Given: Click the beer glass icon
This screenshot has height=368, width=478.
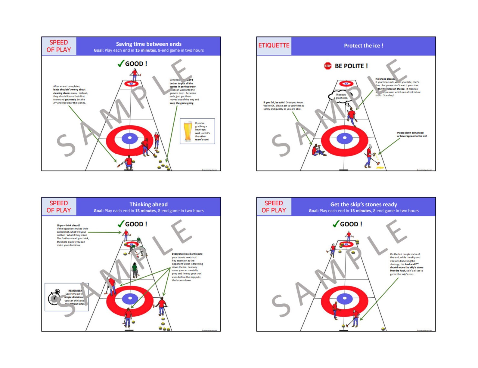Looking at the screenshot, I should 188,131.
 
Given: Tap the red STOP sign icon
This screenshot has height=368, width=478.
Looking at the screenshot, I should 327,66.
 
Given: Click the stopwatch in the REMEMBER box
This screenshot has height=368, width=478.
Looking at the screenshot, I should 54,298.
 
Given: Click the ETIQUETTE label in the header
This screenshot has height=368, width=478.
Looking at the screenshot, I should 274,46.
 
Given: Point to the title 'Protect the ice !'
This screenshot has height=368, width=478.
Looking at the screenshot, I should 363,46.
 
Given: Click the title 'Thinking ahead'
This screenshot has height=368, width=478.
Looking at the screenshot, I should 148,204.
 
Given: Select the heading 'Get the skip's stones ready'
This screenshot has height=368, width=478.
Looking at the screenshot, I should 363,204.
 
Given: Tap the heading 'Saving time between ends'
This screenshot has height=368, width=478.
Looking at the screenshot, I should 148,44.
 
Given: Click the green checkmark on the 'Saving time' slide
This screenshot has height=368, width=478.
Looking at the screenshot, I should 121,63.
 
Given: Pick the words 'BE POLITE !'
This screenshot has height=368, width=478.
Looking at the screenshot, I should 351,66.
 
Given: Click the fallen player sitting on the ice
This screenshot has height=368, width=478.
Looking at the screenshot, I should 318,150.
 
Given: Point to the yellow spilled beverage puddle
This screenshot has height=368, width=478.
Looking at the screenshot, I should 380,167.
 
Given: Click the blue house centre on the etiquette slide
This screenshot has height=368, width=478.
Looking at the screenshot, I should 345,139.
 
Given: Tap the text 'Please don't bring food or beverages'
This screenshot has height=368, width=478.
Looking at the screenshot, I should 411,134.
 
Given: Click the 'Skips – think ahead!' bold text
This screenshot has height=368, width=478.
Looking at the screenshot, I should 68,225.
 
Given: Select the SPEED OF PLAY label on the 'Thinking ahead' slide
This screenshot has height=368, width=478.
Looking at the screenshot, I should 59,207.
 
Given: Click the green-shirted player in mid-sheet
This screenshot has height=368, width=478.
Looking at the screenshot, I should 135,269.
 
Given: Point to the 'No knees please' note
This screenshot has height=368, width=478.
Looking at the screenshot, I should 384,79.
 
